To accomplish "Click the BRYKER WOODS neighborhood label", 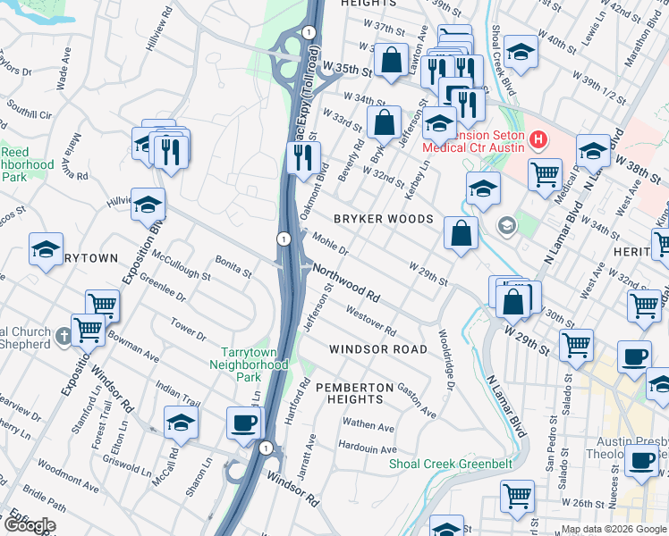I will [383, 219].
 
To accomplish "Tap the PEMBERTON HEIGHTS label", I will [354, 393].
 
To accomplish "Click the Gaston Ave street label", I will [417, 400].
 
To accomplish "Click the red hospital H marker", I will [538, 139].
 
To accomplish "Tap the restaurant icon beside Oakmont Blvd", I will [304, 157].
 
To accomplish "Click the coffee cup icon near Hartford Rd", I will [243, 423].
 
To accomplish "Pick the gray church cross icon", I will [63, 337].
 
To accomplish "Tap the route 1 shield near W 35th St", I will [309, 32].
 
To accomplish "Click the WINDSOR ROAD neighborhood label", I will [377, 349].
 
